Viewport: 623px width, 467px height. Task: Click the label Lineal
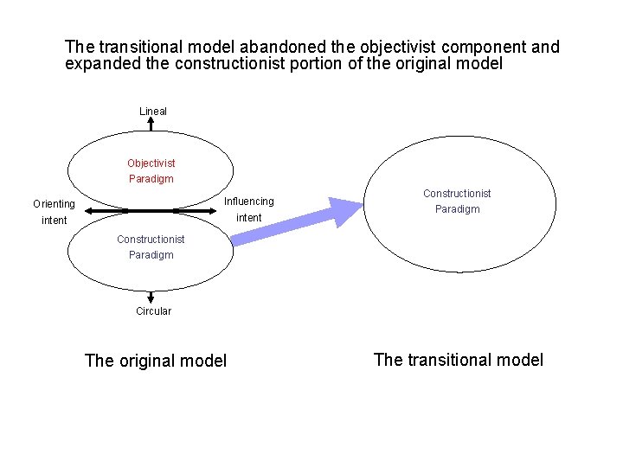153,112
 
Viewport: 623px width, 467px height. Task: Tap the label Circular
153,311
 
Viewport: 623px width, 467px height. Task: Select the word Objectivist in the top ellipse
151,163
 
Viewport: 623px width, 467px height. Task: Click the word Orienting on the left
54,205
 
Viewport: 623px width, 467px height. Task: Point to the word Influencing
248,202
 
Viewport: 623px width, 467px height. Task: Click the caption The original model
156,361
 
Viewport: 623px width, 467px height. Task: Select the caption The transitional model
459,360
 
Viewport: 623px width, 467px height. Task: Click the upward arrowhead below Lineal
151,124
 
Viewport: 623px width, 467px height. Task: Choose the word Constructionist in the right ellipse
457,194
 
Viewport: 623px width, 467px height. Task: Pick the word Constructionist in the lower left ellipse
151,240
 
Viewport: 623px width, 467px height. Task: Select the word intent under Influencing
248,218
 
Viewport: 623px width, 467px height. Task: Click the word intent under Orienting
54,221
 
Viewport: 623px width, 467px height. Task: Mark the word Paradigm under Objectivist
151,179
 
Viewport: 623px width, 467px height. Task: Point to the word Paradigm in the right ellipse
457,209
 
